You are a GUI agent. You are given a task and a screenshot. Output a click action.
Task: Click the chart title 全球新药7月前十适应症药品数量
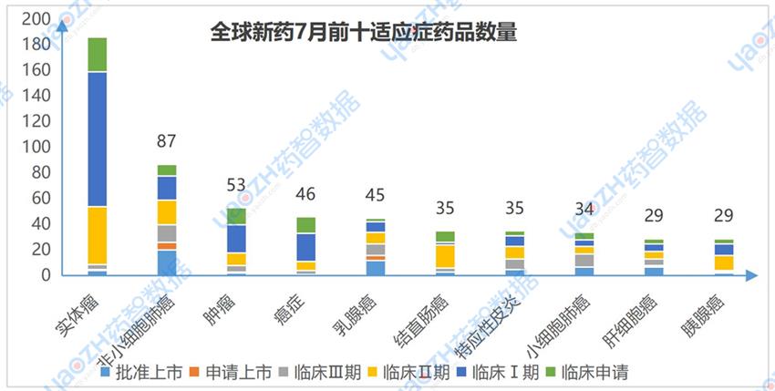364,34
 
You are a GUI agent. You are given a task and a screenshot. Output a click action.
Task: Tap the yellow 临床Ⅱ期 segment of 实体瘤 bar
97,235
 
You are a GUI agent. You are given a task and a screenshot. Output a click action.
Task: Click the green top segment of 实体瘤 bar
97,55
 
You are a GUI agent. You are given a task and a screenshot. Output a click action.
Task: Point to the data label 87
166,141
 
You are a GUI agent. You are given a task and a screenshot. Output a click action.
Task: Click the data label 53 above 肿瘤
236,185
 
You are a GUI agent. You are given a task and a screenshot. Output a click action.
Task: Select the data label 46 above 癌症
305,194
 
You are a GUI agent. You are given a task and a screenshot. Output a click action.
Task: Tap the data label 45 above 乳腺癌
375,195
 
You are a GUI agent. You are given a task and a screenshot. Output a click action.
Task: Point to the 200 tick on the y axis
36,19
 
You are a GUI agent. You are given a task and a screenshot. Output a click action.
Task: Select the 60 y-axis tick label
40,198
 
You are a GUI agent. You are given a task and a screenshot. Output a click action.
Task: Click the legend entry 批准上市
140,372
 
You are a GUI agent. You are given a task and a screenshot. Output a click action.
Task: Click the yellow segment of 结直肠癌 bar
445,256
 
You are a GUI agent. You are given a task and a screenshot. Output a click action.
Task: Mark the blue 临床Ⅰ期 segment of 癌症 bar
305,247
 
